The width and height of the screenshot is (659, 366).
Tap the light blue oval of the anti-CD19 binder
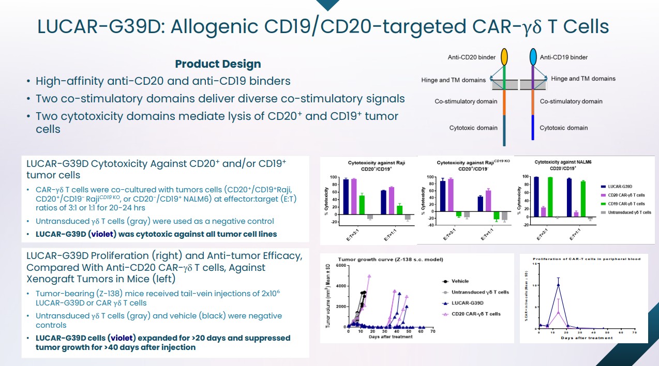coord(533,57)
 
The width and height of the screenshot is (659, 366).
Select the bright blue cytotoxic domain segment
coord(533,128)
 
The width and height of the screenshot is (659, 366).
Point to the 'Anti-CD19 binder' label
coord(563,57)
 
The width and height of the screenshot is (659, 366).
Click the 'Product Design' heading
coord(218,64)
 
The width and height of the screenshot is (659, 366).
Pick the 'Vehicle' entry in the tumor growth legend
coord(460,281)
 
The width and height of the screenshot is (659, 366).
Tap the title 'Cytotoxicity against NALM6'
coord(563,162)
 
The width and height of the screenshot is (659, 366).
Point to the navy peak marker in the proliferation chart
coord(558,284)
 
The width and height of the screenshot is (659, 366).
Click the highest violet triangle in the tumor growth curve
coord(369,276)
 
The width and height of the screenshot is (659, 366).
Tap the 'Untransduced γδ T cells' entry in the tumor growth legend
coord(475,292)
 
